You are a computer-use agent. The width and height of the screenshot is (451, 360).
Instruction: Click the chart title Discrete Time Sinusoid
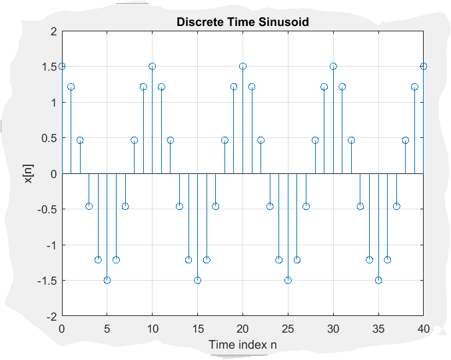[x=242, y=22]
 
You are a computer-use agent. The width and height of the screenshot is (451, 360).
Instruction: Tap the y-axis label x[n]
[x=29, y=173]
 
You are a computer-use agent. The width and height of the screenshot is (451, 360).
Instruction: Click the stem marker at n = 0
[x=62, y=67]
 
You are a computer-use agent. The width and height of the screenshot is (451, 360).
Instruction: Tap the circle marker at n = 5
[x=107, y=280]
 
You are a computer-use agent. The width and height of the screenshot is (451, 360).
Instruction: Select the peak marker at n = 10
[x=153, y=67]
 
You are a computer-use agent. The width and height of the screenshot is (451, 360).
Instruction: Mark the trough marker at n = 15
[x=197, y=280]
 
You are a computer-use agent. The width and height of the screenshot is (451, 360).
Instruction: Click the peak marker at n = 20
[x=242, y=67]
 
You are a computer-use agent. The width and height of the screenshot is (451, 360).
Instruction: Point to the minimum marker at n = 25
[x=288, y=280]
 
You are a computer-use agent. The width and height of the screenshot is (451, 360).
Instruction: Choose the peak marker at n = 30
[x=333, y=67]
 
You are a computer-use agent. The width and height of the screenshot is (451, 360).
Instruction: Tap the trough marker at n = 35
[x=378, y=280]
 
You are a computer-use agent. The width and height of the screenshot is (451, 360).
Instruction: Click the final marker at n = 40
[x=424, y=67]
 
